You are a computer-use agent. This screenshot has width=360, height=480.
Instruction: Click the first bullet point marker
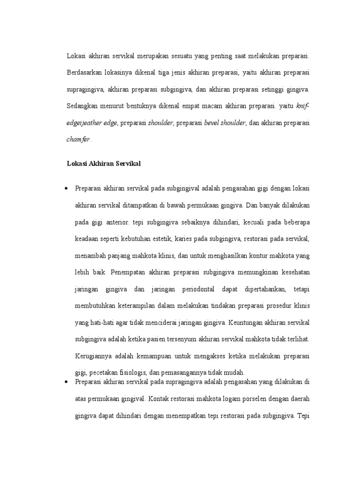coord(66,188)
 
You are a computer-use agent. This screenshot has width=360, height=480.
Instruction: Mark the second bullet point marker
coord(66,382)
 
